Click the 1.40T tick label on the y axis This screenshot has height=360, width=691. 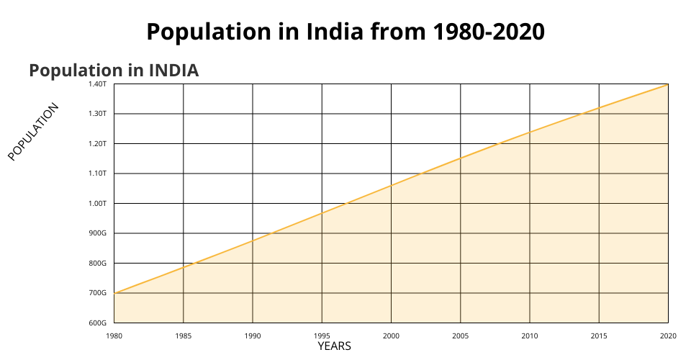point(99,84)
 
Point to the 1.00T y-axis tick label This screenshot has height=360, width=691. point(99,203)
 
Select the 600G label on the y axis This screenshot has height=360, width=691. point(99,323)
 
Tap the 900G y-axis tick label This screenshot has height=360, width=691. point(99,233)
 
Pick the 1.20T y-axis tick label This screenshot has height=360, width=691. point(99,144)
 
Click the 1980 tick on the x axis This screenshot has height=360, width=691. point(114,336)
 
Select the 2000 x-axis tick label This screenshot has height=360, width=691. point(391,336)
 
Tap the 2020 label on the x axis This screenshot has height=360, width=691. point(668,336)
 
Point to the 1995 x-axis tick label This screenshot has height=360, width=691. point(322,336)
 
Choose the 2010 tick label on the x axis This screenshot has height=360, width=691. point(530,336)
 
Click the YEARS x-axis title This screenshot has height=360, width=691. point(335,346)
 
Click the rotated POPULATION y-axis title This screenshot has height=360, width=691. point(33,132)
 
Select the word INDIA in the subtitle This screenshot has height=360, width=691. point(173,71)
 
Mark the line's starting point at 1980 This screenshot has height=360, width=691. point(114,293)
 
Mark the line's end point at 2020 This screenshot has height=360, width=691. point(668,85)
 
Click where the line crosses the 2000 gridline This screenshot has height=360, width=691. point(391,186)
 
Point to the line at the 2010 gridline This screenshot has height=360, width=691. point(530,132)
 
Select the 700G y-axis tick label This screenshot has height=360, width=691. point(99,293)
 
